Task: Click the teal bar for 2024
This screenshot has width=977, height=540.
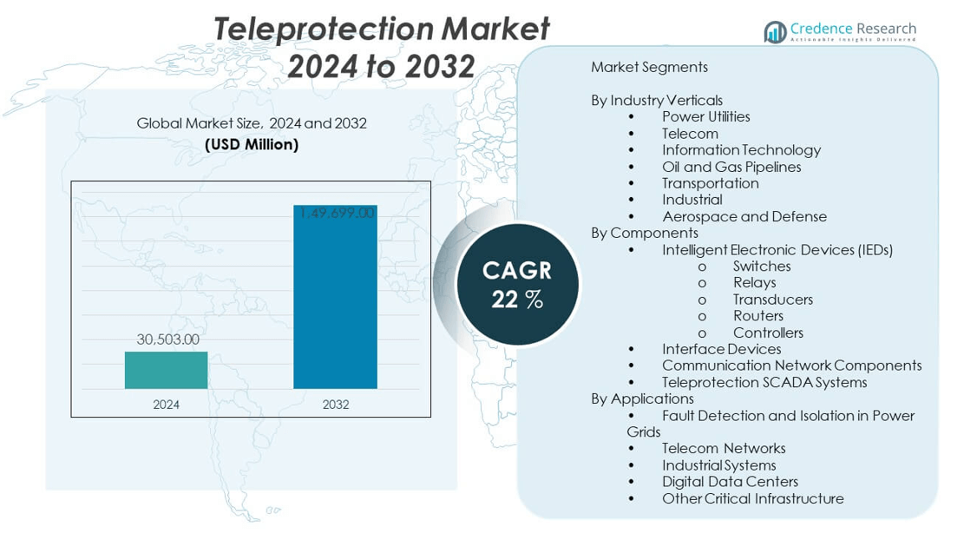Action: (x=166, y=370)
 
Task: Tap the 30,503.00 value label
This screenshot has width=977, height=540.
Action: (x=167, y=339)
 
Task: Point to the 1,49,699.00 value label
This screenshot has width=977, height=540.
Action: (x=337, y=213)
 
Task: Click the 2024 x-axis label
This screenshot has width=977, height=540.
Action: (x=166, y=405)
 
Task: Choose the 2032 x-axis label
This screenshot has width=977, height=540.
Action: (x=335, y=405)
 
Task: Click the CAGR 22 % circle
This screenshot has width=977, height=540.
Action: (x=517, y=284)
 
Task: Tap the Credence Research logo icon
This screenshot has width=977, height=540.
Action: (x=774, y=32)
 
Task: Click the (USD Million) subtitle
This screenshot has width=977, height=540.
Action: (x=252, y=145)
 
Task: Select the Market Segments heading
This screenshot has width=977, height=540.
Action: (x=649, y=67)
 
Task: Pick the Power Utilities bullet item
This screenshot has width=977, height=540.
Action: (x=705, y=116)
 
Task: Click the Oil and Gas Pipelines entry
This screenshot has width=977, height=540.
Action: (x=731, y=167)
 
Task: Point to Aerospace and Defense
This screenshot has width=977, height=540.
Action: (x=744, y=216)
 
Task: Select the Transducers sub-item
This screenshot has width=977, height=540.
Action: (x=772, y=300)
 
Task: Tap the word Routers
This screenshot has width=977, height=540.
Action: (x=757, y=316)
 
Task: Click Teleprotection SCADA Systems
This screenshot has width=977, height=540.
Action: (x=764, y=382)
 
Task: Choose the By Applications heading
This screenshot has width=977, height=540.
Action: (x=642, y=398)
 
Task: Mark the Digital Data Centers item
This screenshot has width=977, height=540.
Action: (x=729, y=482)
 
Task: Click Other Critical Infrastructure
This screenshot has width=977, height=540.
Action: (x=752, y=498)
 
